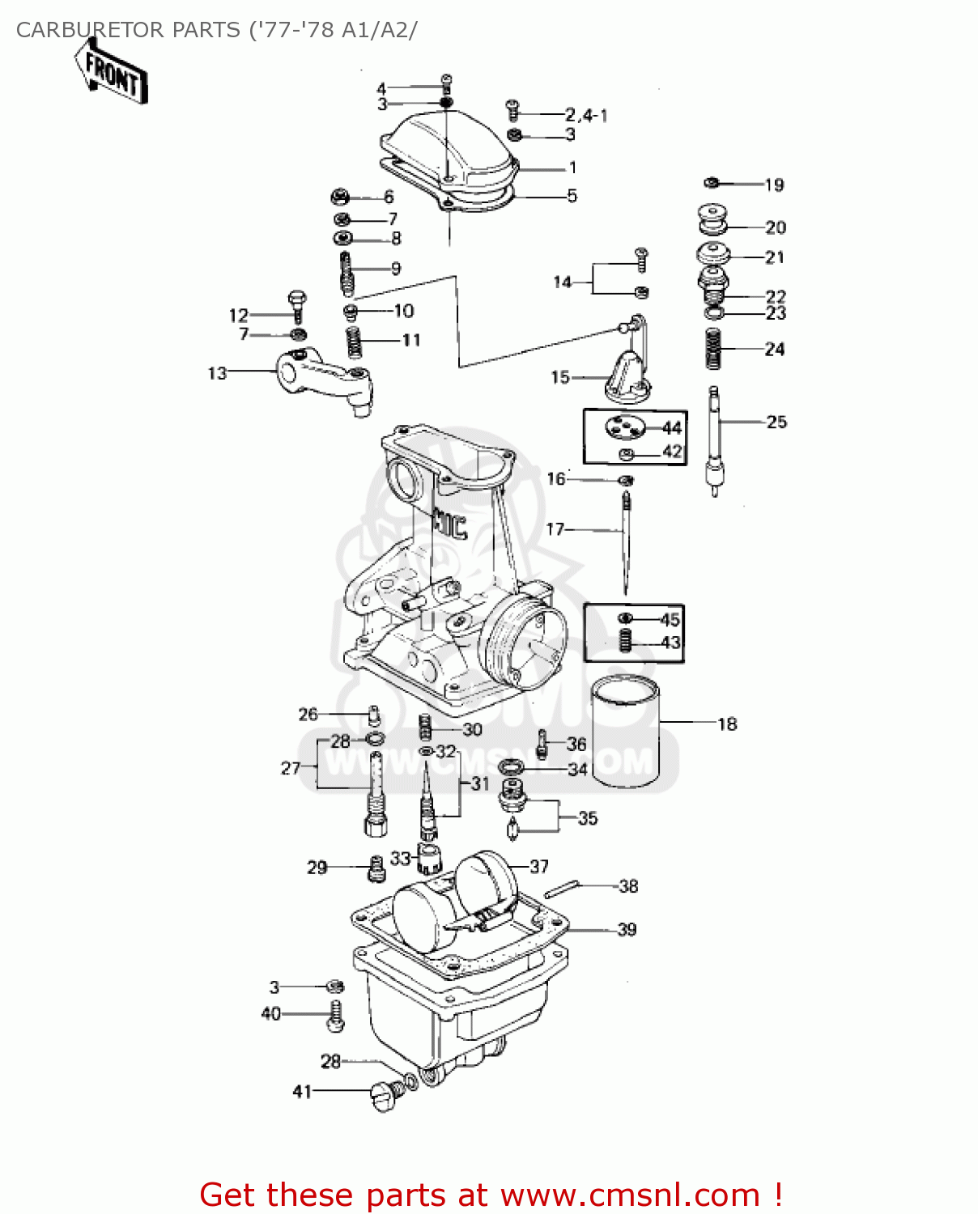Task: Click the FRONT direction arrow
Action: (112, 73)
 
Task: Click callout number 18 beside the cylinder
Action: (727, 724)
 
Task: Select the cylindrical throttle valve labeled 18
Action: (625, 732)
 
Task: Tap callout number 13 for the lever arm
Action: (217, 373)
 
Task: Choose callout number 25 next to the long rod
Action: (776, 422)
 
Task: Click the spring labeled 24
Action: (713, 348)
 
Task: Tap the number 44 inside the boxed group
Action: (672, 427)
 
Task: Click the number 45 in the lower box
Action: (670, 620)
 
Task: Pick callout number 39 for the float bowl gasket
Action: (627, 929)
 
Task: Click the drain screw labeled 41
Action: (385, 1097)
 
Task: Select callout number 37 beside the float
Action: (539, 866)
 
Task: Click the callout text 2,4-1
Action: (586, 115)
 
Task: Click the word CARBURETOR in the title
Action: (81, 30)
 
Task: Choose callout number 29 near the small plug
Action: (317, 867)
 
